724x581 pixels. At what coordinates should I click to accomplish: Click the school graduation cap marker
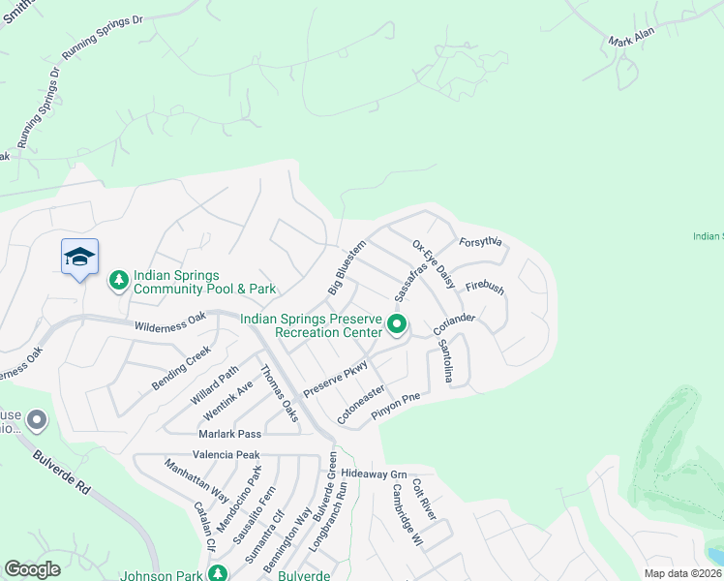(x=79, y=258)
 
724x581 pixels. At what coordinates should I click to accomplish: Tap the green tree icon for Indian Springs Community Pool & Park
(x=118, y=281)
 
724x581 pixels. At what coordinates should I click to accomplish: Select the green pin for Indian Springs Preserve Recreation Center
(x=397, y=324)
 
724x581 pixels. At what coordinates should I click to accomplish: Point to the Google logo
(x=32, y=569)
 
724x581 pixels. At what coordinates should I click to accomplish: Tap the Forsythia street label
(x=482, y=243)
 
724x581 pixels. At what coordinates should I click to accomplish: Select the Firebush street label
(x=485, y=287)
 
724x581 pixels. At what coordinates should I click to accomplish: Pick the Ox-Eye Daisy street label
(x=434, y=264)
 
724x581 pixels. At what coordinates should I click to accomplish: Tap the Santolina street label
(x=444, y=359)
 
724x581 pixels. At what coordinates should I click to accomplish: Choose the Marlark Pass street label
(x=229, y=434)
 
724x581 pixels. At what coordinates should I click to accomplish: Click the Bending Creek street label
(x=180, y=369)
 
